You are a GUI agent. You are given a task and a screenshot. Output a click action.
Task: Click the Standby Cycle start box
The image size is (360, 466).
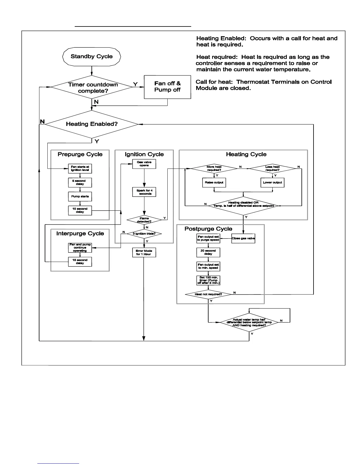click(92, 56)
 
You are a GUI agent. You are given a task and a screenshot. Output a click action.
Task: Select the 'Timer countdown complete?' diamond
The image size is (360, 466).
click(92, 87)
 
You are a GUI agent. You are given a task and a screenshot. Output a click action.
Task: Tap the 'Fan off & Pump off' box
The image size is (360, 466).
click(167, 87)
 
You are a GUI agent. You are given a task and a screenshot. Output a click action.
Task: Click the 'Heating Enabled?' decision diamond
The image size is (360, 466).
click(92, 124)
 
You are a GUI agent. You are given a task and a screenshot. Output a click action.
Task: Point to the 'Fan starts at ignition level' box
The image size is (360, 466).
click(80, 169)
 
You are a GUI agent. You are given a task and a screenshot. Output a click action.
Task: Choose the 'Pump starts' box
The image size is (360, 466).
click(80, 196)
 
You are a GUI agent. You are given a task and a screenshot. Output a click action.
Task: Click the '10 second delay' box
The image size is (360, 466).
click(80, 210)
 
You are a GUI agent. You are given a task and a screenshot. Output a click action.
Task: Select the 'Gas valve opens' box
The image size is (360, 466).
click(144, 164)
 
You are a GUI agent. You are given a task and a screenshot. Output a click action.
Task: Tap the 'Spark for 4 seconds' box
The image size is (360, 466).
click(144, 192)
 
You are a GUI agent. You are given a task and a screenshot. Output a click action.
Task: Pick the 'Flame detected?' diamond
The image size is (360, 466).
click(144, 220)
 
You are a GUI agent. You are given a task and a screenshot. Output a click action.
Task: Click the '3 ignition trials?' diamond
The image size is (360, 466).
click(144, 234)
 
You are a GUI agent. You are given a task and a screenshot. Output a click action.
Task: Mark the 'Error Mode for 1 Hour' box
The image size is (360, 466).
click(144, 252)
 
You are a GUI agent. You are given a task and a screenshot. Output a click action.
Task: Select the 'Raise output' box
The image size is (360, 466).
click(214, 182)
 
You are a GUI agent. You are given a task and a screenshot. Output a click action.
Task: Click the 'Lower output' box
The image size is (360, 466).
click(273, 182)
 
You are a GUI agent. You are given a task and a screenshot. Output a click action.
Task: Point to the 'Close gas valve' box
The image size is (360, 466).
click(243, 238)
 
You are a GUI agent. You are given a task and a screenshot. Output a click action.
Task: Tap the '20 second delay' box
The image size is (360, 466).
click(208, 252)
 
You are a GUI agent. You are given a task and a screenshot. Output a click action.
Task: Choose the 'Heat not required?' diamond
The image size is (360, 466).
click(208, 294)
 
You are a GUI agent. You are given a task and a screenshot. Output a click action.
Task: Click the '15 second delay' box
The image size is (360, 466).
click(80, 262)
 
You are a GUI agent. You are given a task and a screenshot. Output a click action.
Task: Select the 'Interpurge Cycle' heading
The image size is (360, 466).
click(80, 234)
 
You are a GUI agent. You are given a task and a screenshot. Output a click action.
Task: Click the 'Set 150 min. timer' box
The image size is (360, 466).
click(208, 280)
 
